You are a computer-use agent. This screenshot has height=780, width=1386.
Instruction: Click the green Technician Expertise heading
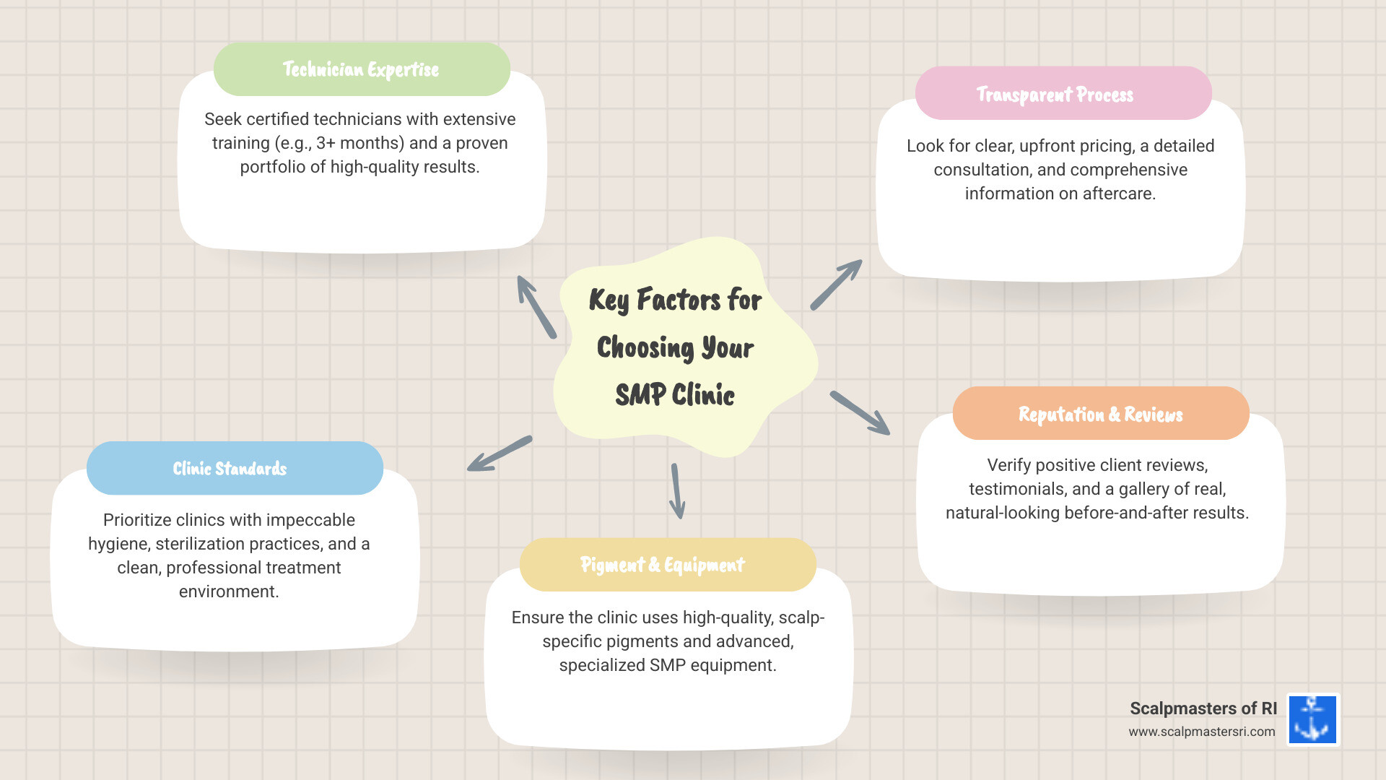[361, 69]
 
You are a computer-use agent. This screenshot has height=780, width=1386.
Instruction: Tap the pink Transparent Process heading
[1055, 95]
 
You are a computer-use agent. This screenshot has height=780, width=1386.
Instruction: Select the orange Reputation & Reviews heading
[1100, 415]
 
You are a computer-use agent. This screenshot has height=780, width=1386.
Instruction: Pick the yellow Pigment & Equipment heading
[662, 565]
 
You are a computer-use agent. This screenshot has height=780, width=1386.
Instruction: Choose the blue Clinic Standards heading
[230, 469]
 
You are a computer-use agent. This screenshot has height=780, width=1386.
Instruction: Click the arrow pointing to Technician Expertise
[536, 307]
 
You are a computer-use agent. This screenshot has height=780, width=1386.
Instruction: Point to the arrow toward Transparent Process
[836, 285]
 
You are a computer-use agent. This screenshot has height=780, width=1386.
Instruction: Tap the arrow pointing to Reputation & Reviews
[860, 413]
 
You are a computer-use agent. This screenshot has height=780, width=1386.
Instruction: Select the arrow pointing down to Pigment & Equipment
[676, 491]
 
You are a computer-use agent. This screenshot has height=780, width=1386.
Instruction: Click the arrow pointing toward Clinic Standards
[500, 454]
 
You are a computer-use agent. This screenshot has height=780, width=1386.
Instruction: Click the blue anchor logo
[1312, 719]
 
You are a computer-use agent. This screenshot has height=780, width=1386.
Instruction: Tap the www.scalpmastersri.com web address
[1201, 732]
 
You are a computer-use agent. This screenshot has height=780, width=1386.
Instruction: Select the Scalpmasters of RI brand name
[1203, 708]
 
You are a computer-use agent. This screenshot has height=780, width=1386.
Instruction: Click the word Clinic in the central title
[703, 395]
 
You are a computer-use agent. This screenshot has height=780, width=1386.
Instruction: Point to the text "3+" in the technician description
[326, 143]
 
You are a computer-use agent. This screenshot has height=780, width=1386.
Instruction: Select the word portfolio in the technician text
[272, 167]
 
